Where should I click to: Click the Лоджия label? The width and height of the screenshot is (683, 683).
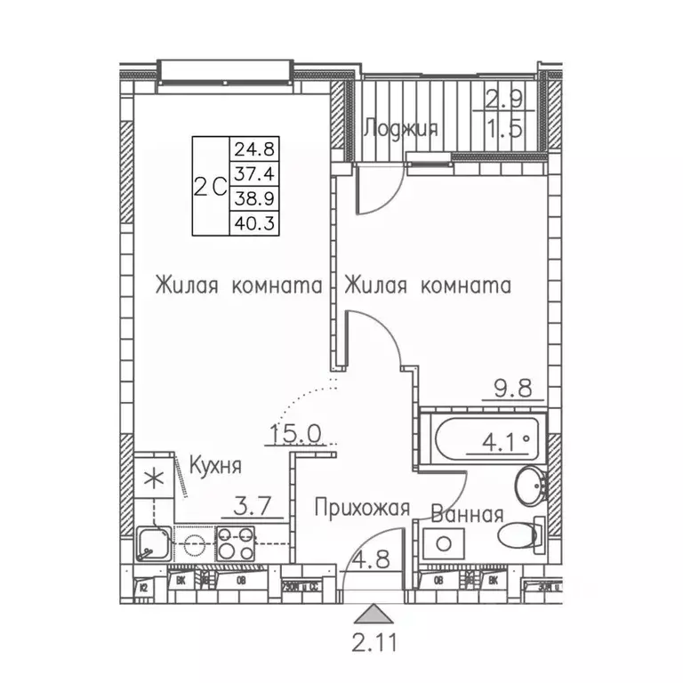400,129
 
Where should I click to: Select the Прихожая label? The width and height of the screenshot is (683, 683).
362,508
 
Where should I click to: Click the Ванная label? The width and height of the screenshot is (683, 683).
467,514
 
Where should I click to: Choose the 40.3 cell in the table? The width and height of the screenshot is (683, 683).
254,222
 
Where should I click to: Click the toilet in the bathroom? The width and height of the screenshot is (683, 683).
521,535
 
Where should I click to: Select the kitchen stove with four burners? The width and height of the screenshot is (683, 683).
236,542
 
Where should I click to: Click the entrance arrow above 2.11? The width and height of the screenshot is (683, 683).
374,615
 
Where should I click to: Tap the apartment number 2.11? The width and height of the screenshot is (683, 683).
374,640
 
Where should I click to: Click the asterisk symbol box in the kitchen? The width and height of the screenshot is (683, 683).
155,477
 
